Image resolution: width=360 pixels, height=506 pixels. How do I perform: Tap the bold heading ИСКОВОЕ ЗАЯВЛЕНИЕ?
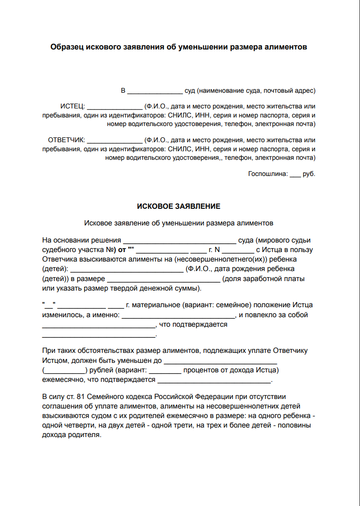(178, 206)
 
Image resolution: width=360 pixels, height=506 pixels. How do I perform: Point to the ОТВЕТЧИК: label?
(66, 140)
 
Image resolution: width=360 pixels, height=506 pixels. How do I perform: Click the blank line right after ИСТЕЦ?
(115, 108)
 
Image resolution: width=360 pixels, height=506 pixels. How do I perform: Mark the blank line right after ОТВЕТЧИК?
(115, 142)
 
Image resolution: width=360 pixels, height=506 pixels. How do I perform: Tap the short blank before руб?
(295, 175)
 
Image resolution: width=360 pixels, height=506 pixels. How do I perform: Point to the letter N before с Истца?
(217, 250)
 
